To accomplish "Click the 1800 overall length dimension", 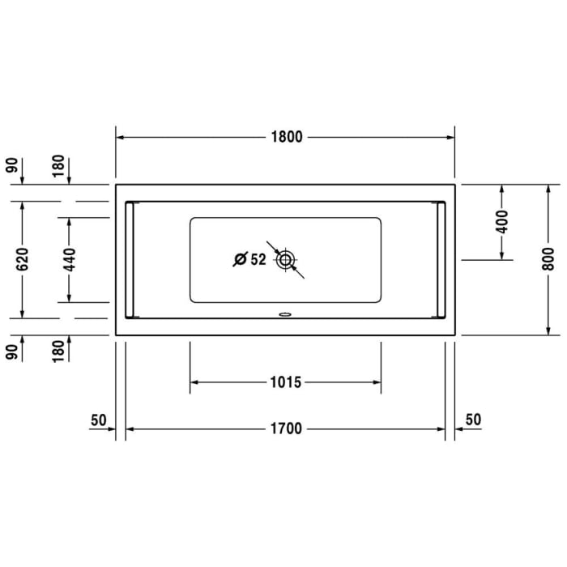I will (x=285, y=137).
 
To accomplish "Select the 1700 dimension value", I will (x=285, y=428).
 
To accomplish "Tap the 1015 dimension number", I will (x=285, y=382).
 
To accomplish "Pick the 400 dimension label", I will (x=502, y=221).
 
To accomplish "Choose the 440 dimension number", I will (x=70, y=259).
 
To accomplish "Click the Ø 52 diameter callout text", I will (x=249, y=260).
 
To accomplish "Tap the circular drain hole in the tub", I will (x=285, y=260).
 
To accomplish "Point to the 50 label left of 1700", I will (x=99, y=420).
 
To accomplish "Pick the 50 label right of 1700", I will (x=473, y=420).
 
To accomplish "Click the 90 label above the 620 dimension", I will (x=12, y=167).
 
